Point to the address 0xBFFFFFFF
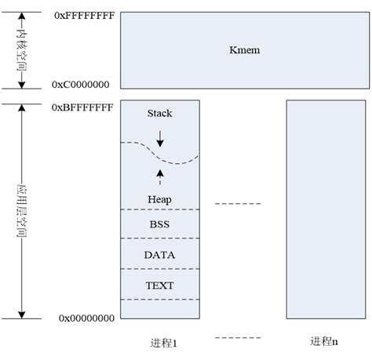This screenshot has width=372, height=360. (82, 107)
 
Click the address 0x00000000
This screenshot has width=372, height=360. (86, 318)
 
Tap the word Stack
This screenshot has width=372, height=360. (159, 114)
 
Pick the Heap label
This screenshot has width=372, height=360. (159, 199)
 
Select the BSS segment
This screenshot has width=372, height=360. (159, 224)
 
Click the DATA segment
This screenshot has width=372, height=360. (159, 255)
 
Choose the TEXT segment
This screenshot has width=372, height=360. (159, 285)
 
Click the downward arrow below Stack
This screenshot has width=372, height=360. (159, 138)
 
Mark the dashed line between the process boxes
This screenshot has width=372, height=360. (238, 204)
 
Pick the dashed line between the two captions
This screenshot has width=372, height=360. (238, 339)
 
